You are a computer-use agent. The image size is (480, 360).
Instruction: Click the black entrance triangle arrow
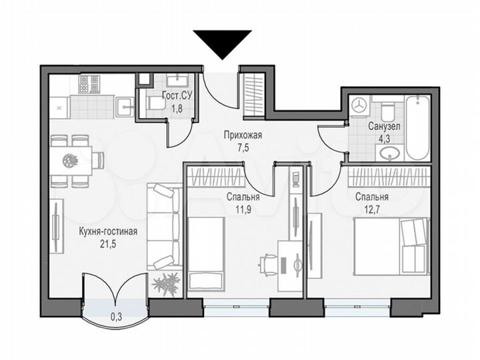[222, 43]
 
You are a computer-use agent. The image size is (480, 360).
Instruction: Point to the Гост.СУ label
[177, 96]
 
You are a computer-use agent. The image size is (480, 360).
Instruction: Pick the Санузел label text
[384, 125]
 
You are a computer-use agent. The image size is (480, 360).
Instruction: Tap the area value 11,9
[242, 209]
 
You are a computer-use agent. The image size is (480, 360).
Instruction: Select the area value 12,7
[371, 209]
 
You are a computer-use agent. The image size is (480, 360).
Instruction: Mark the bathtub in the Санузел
[418, 127]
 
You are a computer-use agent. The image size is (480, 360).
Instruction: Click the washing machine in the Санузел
[360, 105]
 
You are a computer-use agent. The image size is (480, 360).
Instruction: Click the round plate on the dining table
[70, 160]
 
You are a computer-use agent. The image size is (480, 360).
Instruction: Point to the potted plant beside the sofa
[165, 282]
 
